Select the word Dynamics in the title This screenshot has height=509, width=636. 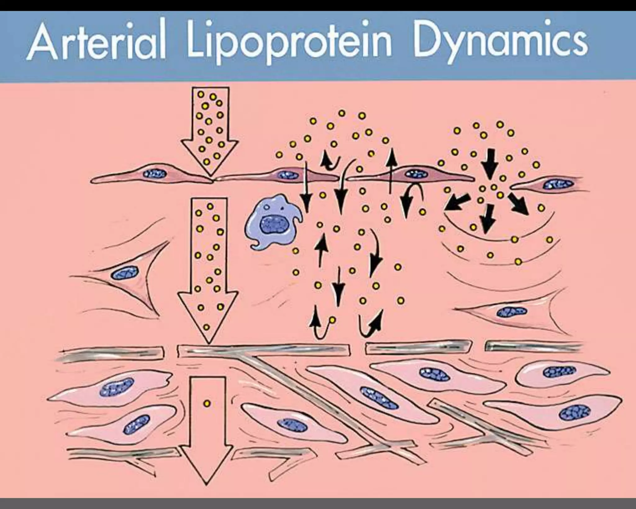click(500, 44)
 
